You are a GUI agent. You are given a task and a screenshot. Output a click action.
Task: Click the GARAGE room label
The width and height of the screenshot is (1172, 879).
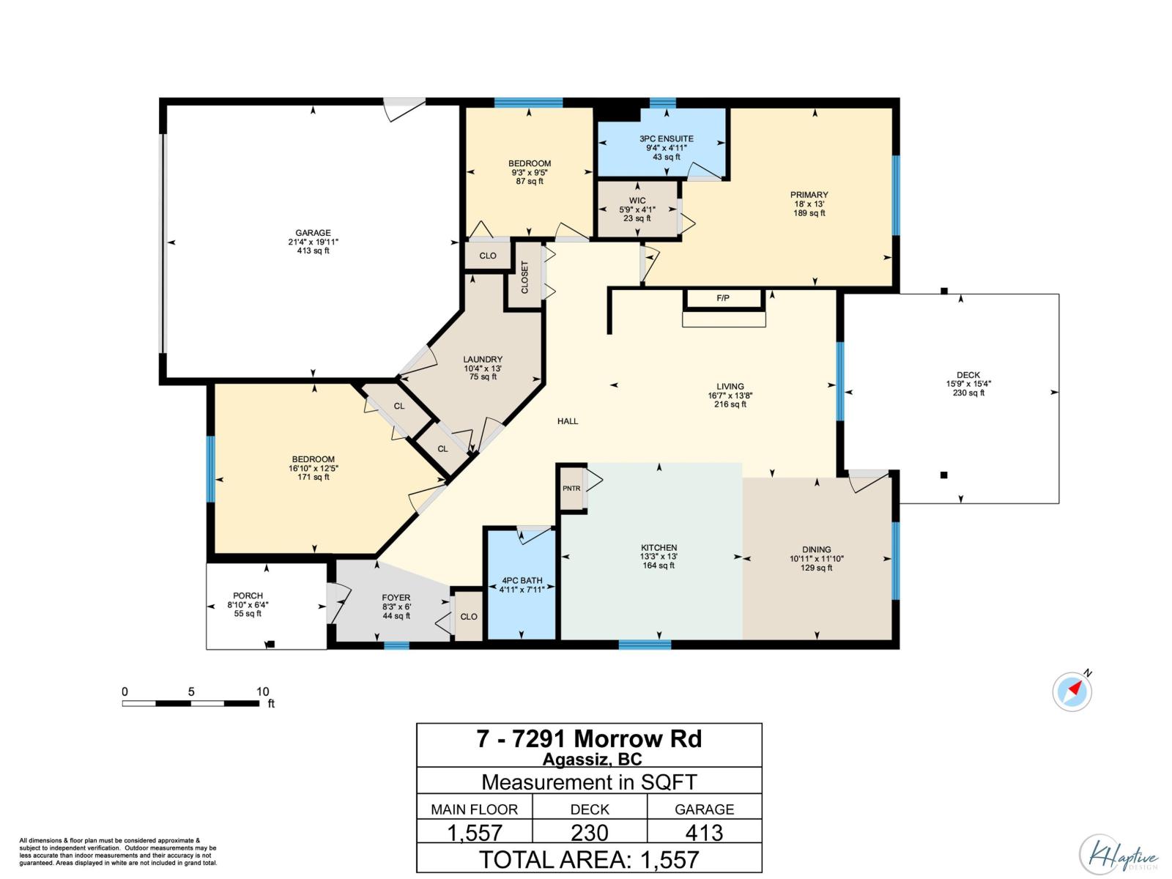click(313, 233)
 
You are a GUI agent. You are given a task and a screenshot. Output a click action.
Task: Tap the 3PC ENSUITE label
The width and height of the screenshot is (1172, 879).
click(667, 138)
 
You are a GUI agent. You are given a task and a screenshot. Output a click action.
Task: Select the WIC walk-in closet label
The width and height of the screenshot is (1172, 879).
click(637, 201)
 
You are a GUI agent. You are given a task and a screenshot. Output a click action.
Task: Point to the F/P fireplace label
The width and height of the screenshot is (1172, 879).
click(723, 298)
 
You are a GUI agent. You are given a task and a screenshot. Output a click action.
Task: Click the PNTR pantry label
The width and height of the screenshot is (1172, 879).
click(571, 489)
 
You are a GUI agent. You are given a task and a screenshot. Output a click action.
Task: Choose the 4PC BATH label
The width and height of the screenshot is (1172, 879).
click(522, 581)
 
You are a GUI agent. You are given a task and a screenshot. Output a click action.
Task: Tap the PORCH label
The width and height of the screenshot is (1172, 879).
click(248, 596)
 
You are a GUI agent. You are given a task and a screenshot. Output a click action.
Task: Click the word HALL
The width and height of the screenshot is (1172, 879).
click(568, 421)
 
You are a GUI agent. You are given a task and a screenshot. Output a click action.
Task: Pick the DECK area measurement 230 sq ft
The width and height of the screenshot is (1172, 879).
click(968, 393)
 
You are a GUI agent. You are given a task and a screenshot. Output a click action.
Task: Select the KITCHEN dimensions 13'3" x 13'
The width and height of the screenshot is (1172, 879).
click(659, 557)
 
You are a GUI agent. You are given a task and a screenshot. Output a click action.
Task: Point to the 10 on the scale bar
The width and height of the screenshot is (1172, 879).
click(262, 691)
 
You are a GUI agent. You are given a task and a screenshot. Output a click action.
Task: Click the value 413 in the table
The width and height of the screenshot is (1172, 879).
click(704, 833)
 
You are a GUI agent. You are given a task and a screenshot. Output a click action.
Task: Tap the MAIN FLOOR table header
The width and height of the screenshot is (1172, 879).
click(474, 809)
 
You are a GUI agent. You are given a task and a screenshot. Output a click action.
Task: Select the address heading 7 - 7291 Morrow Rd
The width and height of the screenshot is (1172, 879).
click(589, 739)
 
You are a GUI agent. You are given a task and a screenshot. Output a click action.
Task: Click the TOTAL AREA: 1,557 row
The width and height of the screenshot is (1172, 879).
click(589, 860)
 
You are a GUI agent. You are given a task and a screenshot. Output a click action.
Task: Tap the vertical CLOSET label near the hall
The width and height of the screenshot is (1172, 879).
click(524, 277)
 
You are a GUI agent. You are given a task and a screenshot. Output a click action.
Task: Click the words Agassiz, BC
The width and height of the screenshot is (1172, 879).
click(592, 759)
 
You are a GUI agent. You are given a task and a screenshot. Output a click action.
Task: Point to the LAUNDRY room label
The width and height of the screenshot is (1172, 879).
click(483, 359)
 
